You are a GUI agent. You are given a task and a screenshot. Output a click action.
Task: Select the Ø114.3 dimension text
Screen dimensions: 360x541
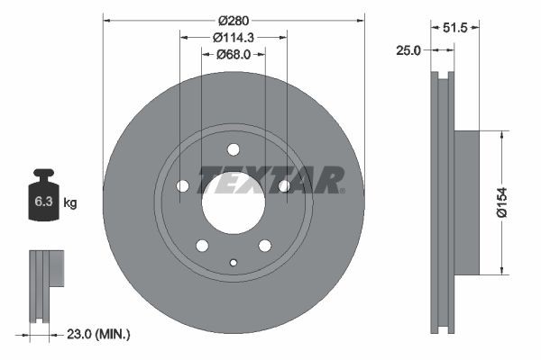click(x=234, y=37)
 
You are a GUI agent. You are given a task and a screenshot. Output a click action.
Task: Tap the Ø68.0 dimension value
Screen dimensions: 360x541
click(x=234, y=55)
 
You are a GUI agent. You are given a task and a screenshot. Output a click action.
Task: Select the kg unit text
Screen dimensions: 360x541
click(x=70, y=203)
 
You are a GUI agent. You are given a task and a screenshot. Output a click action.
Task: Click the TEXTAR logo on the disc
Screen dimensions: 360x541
click(x=270, y=179)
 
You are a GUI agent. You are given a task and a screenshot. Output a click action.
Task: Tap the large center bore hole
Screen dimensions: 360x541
click(x=233, y=202)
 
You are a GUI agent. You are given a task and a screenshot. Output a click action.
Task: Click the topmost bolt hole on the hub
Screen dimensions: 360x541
click(x=234, y=149)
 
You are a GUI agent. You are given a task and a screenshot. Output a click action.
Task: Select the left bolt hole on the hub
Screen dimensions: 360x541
click(x=183, y=186)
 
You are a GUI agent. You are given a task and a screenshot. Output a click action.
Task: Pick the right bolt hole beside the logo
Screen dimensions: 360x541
click(x=284, y=186)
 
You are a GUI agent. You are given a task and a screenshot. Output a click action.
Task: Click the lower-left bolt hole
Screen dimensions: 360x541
click(x=202, y=246)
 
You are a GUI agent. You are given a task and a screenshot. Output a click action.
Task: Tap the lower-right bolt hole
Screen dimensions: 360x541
click(x=265, y=246)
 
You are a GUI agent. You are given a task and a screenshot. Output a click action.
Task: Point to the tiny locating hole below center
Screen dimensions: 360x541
click(x=234, y=263)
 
